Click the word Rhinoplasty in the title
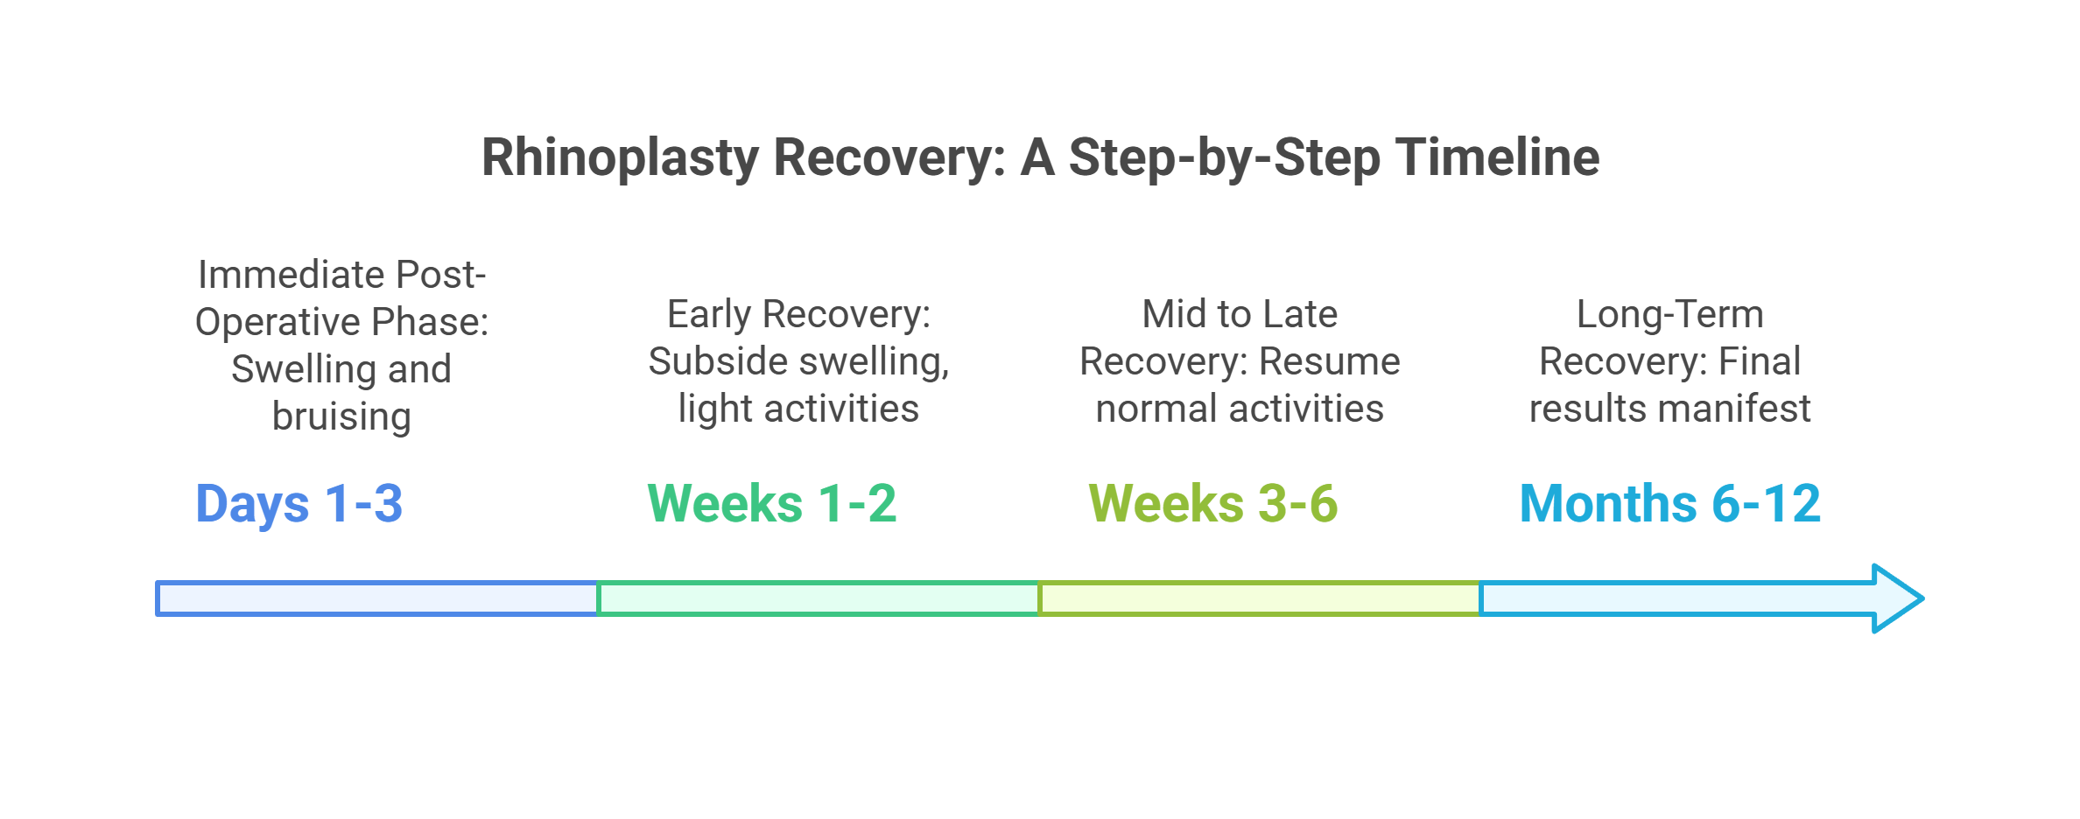(x=621, y=159)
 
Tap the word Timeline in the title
(x=1498, y=157)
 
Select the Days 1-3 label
(x=299, y=504)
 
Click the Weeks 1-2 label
(x=772, y=503)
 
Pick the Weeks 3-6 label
(x=1213, y=503)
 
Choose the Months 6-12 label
(x=1670, y=503)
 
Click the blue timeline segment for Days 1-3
(x=377, y=598)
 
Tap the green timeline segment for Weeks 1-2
(x=819, y=598)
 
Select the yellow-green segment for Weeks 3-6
(x=1260, y=598)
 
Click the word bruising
(x=341, y=416)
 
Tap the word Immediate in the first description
(x=291, y=275)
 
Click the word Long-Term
(x=1670, y=315)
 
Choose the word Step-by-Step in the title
(x=1225, y=159)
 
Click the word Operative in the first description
(x=272, y=323)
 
